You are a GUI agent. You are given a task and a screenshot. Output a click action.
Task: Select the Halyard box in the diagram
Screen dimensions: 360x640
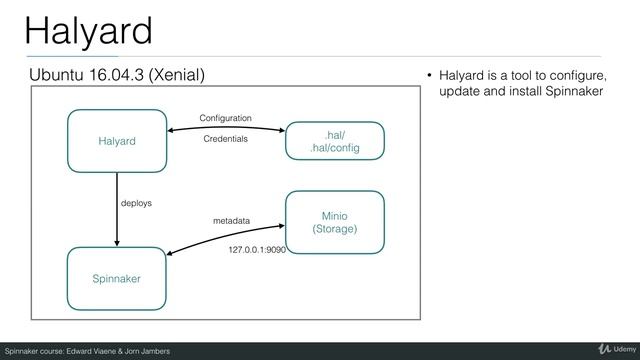(117, 141)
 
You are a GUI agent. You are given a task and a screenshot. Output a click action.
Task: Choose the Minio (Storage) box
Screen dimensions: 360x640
(335, 221)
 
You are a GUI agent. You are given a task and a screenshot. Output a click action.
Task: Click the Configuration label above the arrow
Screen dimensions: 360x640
(226, 118)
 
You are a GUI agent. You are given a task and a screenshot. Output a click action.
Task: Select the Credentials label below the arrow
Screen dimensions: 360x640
(225, 140)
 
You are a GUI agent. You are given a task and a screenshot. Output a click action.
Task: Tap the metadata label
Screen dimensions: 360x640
(233, 219)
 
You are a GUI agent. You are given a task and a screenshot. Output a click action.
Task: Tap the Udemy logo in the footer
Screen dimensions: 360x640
(613, 348)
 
